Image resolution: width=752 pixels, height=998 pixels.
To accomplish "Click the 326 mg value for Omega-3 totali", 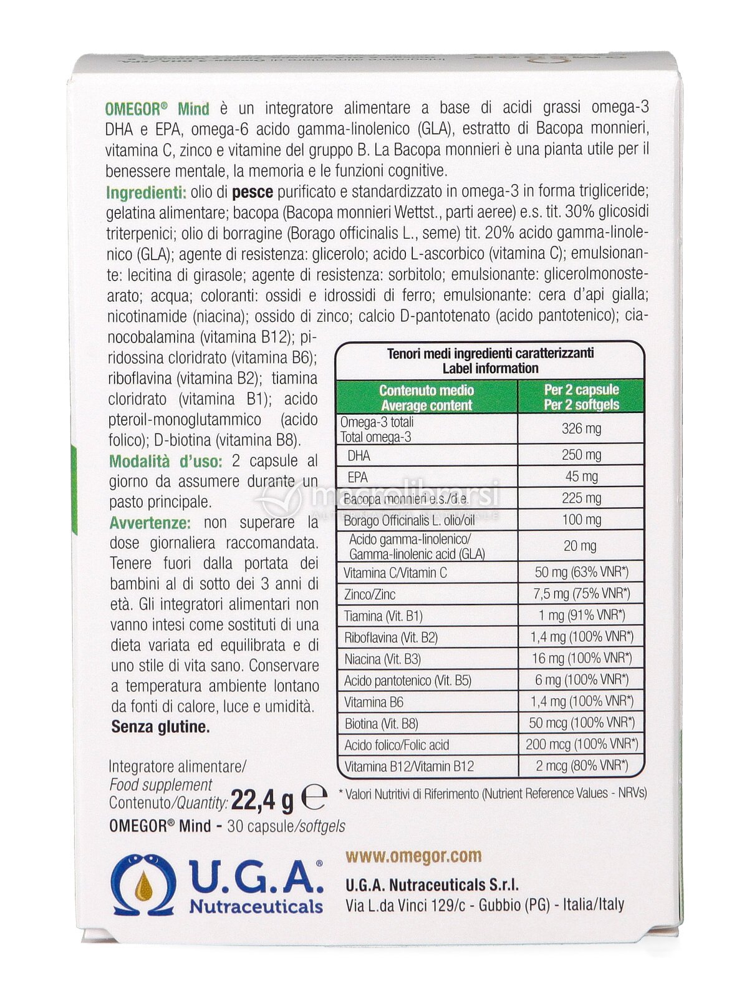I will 581,429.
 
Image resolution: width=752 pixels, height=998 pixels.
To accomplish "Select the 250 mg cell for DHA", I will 581,455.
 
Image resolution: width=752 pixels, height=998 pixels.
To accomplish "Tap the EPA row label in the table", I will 357,477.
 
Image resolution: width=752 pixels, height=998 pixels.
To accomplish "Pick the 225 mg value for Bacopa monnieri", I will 581,498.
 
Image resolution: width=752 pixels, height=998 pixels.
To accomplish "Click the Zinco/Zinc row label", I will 369,594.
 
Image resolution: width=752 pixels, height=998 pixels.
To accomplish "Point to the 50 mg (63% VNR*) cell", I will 581,572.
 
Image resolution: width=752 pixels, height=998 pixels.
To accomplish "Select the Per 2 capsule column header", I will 581,397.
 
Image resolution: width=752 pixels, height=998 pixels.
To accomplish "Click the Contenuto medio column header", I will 427,397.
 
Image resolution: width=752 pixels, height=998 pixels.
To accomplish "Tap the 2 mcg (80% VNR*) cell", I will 581,765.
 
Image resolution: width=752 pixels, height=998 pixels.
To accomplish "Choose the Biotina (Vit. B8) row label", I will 381,724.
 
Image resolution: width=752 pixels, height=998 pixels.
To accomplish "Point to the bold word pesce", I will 253,192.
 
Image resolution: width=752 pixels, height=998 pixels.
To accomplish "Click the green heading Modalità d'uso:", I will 165,462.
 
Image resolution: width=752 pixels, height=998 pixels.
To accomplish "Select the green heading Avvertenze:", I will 150,523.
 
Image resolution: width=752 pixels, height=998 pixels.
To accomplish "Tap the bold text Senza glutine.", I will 160,727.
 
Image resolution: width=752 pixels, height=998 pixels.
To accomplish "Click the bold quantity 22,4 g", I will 262,800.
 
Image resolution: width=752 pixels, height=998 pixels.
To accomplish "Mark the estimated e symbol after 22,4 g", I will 314,797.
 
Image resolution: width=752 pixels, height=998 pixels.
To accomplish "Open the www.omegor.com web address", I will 413,856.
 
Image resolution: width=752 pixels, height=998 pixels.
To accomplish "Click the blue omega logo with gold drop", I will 143,885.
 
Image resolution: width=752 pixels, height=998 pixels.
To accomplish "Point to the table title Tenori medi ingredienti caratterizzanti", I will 490,353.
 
